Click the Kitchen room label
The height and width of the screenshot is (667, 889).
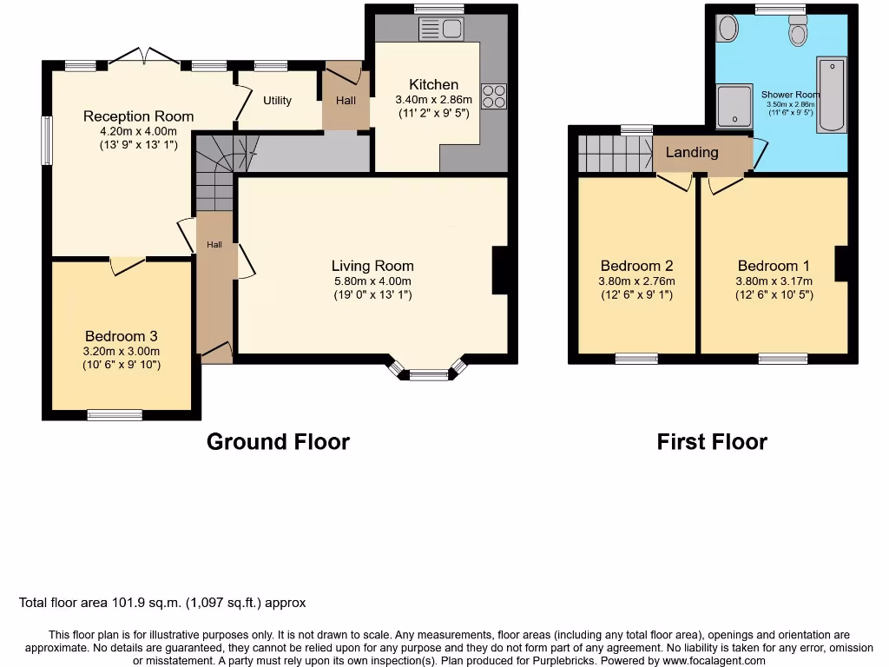click(x=433, y=84)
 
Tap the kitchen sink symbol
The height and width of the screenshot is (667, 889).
click(x=442, y=30)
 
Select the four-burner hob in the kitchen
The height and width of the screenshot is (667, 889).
click(x=494, y=96)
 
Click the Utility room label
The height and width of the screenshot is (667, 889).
click(x=278, y=101)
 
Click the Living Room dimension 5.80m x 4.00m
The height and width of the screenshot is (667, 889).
click(x=372, y=281)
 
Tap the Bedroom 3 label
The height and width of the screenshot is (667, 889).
click(x=121, y=336)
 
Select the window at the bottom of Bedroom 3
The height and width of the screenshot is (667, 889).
click(x=115, y=415)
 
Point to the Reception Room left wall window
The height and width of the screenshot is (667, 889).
click(x=47, y=140)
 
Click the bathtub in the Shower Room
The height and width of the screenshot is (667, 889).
click(x=831, y=96)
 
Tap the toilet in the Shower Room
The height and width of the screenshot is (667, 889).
click(x=798, y=31)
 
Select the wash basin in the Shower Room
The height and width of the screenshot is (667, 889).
click(x=728, y=29)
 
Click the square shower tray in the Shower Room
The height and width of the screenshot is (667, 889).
click(x=734, y=105)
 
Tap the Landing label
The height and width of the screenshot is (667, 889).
click(x=692, y=152)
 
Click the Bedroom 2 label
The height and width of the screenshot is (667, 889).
click(x=636, y=266)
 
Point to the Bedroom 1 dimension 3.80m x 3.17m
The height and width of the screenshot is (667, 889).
click(x=774, y=281)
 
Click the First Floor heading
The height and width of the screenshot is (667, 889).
click(x=712, y=441)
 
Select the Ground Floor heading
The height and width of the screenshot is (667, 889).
click(x=278, y=441)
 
